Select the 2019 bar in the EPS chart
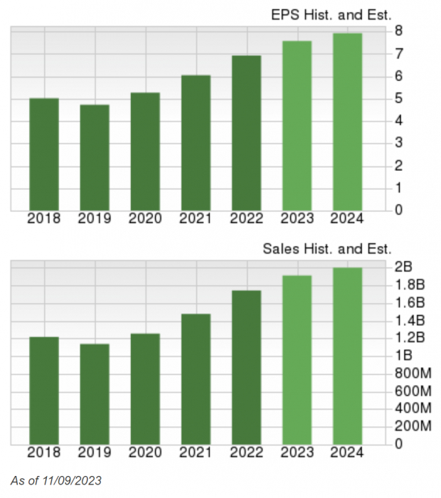click(x=95, y=157)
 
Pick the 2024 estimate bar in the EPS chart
click(x=347, y=122)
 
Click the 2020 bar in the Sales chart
click(x=145, y=388)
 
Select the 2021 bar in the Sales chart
click(x=196, y=379)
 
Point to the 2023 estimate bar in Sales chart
click(x=297, y=360)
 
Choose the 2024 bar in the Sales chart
click(x=347, y=356)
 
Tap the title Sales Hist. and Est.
click(x=327, y=249)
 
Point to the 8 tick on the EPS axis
click(x=400, y=31)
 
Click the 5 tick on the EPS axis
click(x=400, y=98)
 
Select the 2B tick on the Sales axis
click(x=403, y=267)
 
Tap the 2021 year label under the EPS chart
click(x=196, y=218)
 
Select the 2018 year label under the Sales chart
click(x=44, y=452)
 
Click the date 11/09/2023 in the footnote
click(x=70, y=481)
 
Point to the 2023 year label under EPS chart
click(x=297, y=218)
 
